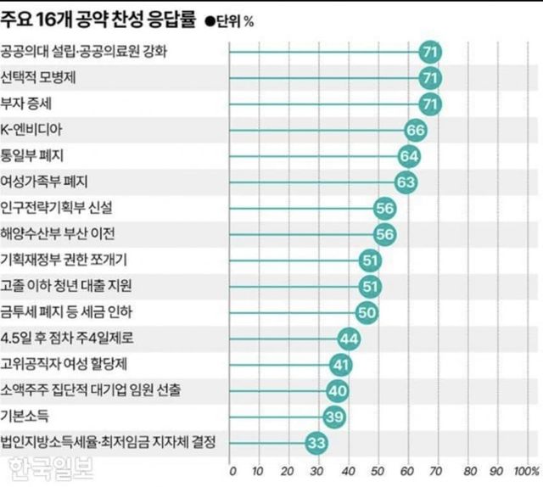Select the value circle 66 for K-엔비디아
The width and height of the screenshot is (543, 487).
[416, 130]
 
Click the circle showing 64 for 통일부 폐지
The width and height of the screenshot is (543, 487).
[410, 156]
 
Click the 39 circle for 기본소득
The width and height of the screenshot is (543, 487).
[334, 417]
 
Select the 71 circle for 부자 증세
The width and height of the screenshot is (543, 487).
[430, 104]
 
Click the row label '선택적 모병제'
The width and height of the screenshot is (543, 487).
[41, 78]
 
